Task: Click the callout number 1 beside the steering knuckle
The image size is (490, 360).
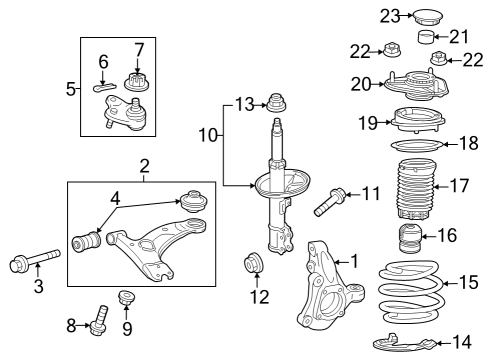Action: [352, 261]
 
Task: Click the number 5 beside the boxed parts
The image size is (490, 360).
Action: [70, 89]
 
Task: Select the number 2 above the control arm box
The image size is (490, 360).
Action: [144, 164]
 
